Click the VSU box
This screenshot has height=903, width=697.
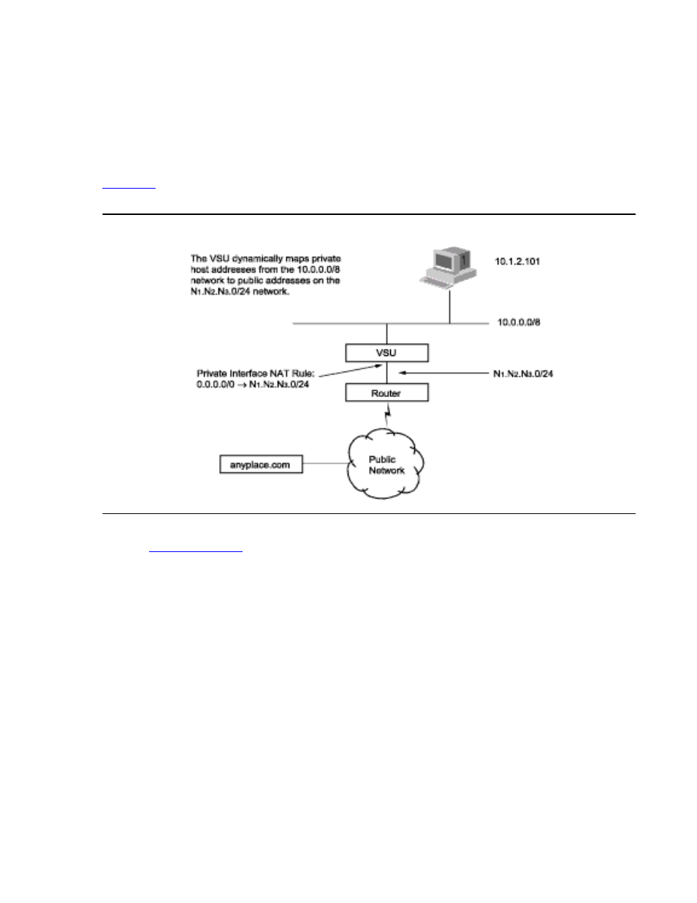386,352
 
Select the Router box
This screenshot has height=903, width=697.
386,393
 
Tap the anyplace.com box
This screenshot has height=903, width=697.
261,464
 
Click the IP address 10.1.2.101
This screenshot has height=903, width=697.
517,261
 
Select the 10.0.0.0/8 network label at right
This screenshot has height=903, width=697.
519,322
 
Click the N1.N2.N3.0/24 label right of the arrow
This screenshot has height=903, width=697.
523,374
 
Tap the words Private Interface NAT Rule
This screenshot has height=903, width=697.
255,374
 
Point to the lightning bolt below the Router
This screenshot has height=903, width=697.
387,415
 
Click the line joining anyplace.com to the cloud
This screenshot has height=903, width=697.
325,464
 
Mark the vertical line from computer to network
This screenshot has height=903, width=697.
449,303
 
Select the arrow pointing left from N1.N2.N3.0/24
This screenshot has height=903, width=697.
438,374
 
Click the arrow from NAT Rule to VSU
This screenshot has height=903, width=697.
343,370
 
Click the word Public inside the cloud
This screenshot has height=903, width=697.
382,459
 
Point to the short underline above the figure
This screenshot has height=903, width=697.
129,189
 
